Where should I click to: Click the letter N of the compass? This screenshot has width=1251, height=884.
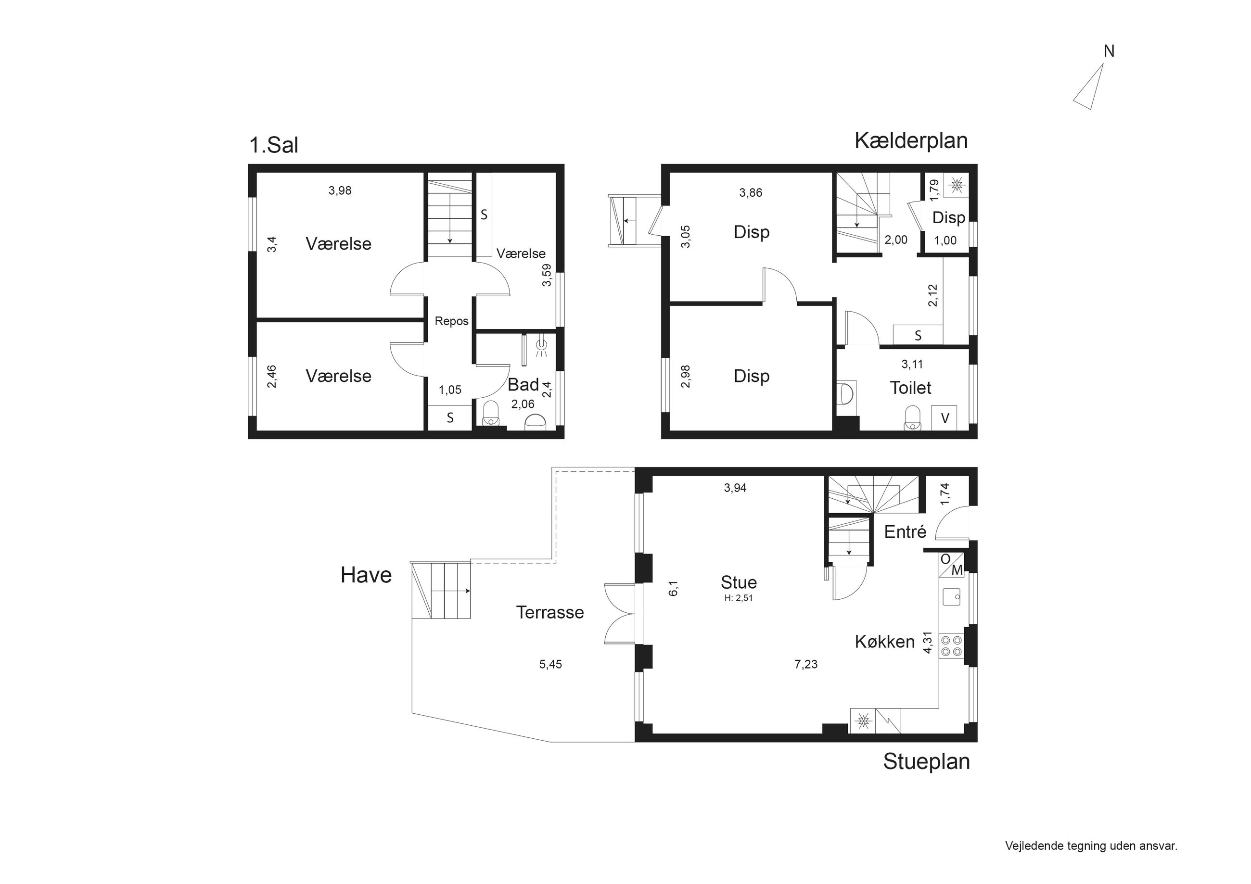1109,51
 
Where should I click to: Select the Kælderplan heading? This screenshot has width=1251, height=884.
911,140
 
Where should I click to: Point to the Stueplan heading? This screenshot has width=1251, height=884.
926,761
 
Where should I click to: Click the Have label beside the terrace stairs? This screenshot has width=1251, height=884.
366,575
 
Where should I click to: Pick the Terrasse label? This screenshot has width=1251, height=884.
550,612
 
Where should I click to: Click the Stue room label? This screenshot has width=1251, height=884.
739,582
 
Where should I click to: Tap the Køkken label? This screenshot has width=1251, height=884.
884,642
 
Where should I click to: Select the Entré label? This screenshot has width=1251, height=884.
905,531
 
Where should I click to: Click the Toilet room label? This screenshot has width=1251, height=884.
910,388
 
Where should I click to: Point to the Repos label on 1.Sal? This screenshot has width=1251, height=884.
452,321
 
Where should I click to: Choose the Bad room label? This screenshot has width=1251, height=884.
523,385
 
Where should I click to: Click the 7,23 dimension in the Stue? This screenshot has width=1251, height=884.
806,664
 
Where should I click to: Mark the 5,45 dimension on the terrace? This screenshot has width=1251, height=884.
550,664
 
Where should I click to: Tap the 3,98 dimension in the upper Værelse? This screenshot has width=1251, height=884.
340,190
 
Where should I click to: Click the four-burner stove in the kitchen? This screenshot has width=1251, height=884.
952,646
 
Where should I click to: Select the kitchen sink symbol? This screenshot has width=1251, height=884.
952,596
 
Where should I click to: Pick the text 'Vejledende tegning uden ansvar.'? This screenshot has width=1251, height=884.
1091,846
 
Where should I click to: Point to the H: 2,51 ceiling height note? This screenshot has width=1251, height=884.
739,598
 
